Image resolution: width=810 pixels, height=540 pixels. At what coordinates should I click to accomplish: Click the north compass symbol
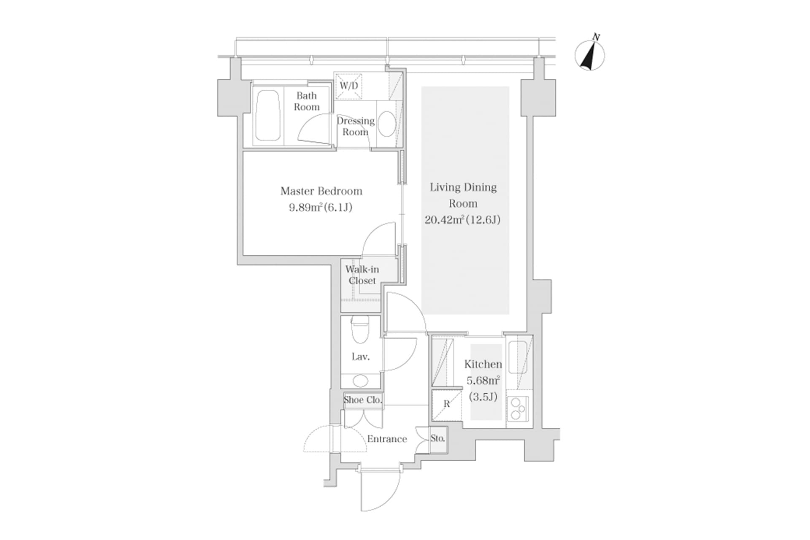tap(590, 55)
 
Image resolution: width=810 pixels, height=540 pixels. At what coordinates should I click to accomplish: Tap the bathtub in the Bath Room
tap(268, 115)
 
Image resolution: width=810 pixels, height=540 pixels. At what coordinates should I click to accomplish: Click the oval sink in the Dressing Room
tap(386, 124)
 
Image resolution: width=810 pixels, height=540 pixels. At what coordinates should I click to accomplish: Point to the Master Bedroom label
tap(321, 191)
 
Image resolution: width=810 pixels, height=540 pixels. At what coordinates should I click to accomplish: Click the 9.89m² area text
tap(320, 208)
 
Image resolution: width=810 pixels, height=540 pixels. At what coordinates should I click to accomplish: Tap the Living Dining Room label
tap(463, 195)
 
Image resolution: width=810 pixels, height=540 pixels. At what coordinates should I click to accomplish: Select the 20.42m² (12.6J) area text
tap(462, 220)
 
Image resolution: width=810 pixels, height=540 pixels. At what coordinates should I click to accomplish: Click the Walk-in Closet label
tap(362, 275)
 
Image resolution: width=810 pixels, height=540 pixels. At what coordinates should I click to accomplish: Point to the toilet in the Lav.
tap(360, 331)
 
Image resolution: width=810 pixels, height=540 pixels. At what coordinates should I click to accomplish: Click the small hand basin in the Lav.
tap(360, 381)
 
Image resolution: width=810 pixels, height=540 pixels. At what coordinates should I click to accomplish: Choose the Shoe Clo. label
tap(362, 400)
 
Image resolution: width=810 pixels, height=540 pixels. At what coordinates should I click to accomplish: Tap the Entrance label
tap(387, 439)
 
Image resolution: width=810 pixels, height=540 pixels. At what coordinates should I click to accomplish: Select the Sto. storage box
tap(438, 439)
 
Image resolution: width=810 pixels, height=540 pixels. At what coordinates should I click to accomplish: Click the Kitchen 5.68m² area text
tap(483, 381)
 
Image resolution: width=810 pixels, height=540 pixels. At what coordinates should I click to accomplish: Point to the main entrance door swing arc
tap(380, 491)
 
